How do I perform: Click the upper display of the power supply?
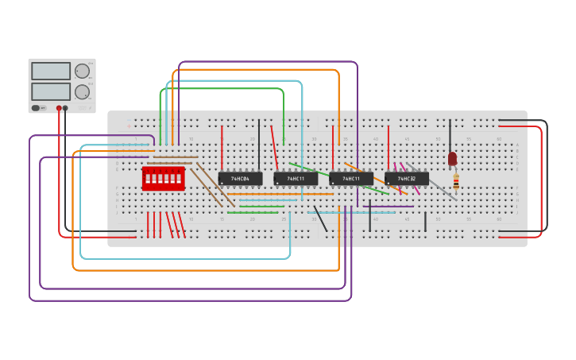coord(51,71)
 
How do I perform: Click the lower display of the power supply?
coord(51,91)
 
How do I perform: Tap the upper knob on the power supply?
coord(82,71)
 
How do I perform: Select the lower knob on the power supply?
coord(82,91)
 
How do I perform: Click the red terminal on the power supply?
coord(59,108)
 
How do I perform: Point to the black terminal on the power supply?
coord(65,108)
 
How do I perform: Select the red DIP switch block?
coord(163,179)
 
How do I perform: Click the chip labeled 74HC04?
coord(240,179)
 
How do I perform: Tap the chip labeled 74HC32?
coord(406,179)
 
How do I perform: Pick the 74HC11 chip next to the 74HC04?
coord(296,179)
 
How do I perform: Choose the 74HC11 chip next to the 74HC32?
coord(350,179)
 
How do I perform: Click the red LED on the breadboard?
coord(452,159)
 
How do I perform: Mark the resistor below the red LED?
coord(456,183)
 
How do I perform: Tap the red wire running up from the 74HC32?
coord(389,147)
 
